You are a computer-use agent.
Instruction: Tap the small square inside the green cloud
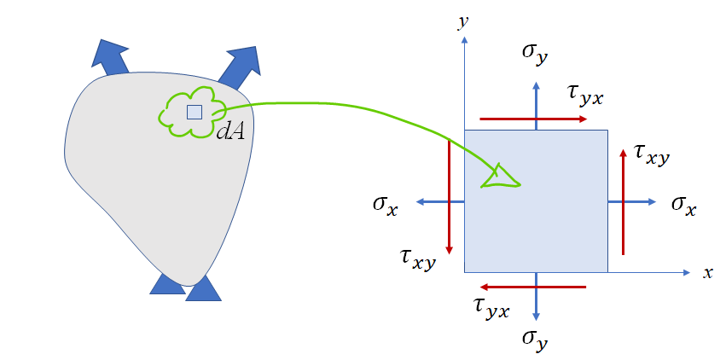[x=195, y=112]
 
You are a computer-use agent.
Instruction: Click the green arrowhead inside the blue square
[x=501, y=176]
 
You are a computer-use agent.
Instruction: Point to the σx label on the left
[x=385, y=205]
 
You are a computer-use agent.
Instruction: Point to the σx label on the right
[x=683, y=205]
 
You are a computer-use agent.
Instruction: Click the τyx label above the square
[x=585, y=95]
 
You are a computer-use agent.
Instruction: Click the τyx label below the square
[x=491, y=307]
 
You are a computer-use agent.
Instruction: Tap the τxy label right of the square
[x=652, y=154]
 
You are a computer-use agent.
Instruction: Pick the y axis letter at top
[x=463, y=23]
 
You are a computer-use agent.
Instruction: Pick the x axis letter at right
[x=707, y=273]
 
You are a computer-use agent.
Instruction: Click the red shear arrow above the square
[x=534, y=119]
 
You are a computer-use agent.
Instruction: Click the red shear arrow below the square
[x=534, y=287]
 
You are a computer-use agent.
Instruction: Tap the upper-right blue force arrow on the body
[x=241, y=64]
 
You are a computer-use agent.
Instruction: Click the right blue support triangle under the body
[x=203, y=289]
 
